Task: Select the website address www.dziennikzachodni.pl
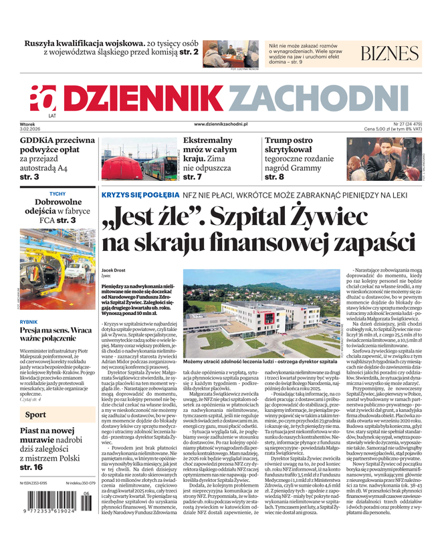click(x=221, y=124)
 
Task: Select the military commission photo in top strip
click(x=230, y=53)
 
